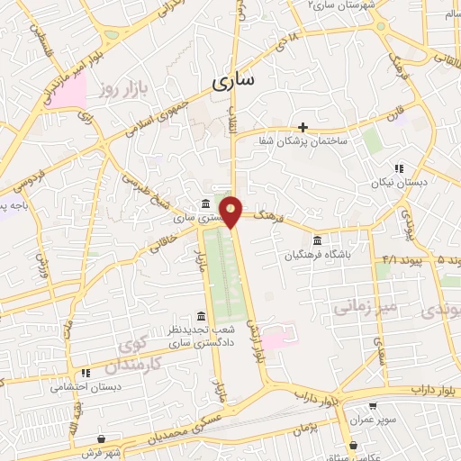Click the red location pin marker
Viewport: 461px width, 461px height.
click(x=232, y=211)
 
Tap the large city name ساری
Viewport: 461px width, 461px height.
click(x=234, y=81)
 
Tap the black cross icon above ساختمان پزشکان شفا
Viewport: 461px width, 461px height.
click(x=303, y=127)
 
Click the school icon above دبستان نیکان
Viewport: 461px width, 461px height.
click(x=397, y=168)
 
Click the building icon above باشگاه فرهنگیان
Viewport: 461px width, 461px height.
click(x=316, y=240)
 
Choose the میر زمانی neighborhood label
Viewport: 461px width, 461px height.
click(x=366, y=307)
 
